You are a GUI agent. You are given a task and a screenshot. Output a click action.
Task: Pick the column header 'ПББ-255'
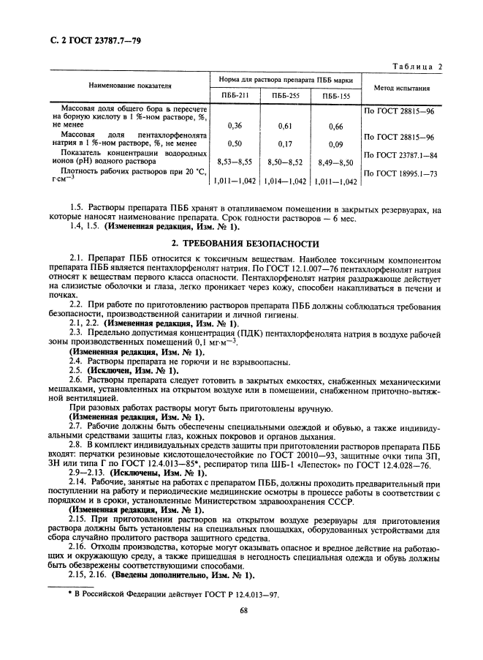coord(286,95)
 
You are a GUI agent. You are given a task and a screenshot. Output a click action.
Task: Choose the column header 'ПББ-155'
coord(335,95)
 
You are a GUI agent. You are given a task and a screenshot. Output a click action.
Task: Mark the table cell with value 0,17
coord(286,144)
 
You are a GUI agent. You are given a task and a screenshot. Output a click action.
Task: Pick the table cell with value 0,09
coord(335,144)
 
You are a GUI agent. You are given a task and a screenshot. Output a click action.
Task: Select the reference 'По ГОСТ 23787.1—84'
coord(399,154)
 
